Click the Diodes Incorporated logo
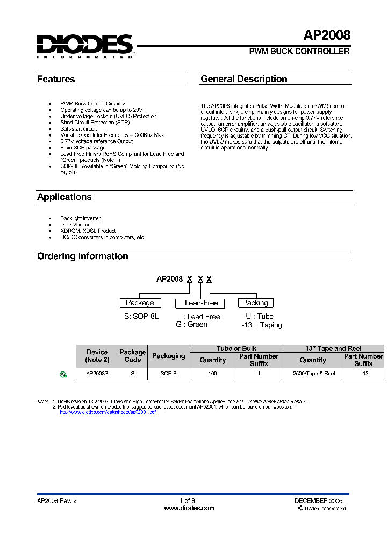pos(85,45)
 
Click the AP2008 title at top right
pos(327,35)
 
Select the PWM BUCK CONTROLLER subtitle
pos(299,51)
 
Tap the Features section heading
pos(56,80)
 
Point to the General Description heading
pos(244,80)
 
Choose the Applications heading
pos(64,197)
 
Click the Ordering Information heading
pos(83,256)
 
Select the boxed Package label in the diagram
pos(140,303)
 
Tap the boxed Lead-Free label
pos(202,303)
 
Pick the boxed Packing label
pos(255,303)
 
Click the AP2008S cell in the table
pos(97,374)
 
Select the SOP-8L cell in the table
pos(169,374)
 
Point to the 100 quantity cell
pos(213,374)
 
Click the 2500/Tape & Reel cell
pos(313,374)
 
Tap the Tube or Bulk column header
pos(236,348)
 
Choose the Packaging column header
pos(169,356)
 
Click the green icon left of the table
pos(62,374)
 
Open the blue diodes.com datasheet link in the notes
pos(107,412)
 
